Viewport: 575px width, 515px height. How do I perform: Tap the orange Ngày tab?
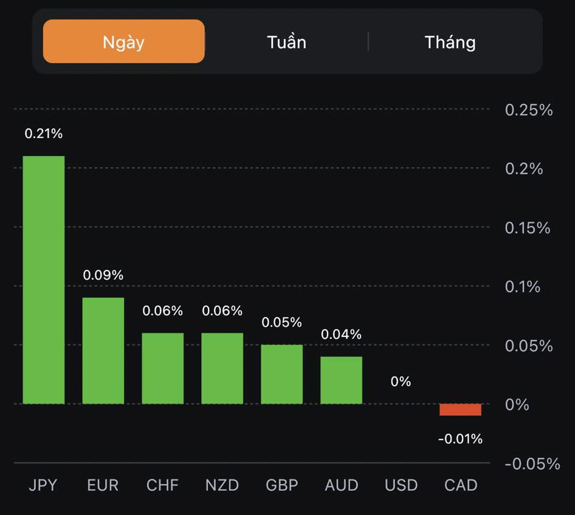(x=123, y=42)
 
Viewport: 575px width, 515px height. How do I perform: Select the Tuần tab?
(x=286, y=42)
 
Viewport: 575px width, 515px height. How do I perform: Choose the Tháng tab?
(x=450, y=42)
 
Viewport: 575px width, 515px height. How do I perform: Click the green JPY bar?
(x=44, y=279)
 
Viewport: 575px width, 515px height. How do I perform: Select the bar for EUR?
(x=103, y=350)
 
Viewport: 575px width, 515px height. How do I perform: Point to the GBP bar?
(x=282, y=374)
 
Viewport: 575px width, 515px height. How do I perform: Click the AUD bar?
(x=342, y=380)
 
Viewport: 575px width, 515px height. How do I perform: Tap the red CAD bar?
(x=460, y=410)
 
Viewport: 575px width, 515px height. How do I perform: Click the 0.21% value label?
(x=44, y=134)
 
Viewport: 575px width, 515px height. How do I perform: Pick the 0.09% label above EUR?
(x=103, y=275)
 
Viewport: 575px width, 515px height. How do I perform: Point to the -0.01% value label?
(x=460, y=438)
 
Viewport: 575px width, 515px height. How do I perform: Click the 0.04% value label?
(x=342, y=334)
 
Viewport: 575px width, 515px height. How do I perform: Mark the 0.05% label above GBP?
(x=282, y=322)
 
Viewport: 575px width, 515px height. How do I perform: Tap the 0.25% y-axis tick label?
(x=529, y=110)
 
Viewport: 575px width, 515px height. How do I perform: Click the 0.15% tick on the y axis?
(x=528, y=228)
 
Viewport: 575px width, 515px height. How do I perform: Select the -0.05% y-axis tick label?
(x=532, y=464)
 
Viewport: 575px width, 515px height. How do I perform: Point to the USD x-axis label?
(x=401, y=485)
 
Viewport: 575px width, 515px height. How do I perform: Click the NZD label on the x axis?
(x=222, y=485)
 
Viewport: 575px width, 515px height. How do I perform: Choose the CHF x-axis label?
(x=163, y=485)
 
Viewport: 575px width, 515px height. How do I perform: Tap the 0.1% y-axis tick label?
(x=523, y=287)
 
